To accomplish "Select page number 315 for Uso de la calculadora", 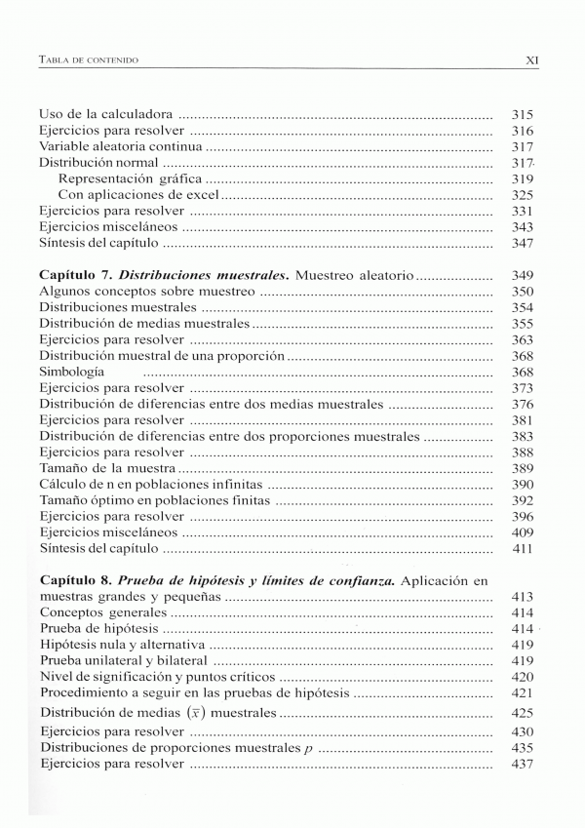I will point(522,115).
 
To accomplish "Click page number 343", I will point(522,226).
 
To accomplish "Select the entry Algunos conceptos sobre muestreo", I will point(146,292).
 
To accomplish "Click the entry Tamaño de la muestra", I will point(106,468).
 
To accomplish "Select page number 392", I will point(522,500).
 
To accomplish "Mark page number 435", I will point(522,748).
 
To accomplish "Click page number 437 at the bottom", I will point(522,764).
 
